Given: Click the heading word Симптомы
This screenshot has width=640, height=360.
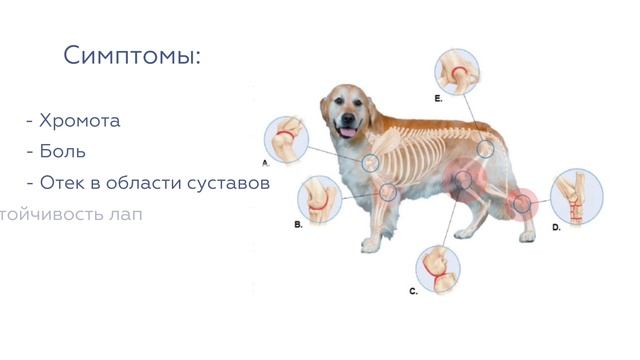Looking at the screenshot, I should [132, 55].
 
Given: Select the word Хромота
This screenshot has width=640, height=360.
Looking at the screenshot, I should [80, 121].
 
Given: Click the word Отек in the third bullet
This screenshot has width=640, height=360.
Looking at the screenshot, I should [63, 183].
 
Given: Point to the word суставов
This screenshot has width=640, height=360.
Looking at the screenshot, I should [228, 183].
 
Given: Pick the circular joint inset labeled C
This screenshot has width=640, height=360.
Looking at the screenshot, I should [438, 265].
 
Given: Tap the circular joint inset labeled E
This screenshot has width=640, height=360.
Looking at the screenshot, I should [459, 72].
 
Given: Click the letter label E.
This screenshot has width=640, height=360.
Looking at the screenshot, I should [438, 100].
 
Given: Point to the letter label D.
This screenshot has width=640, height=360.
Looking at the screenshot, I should [556, 228].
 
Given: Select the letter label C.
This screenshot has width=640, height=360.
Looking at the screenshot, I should [413, 291].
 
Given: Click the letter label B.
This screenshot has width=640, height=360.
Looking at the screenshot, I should [298, 226].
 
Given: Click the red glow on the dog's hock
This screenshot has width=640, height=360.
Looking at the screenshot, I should [521, 204].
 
